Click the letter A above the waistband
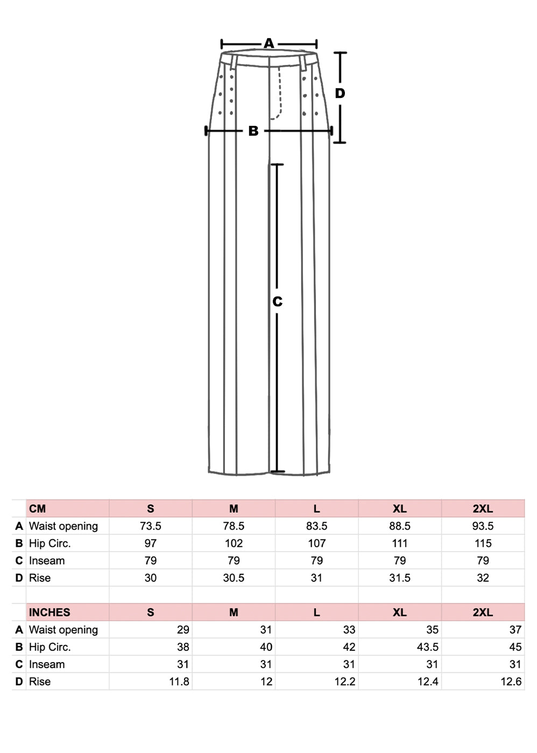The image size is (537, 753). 269,44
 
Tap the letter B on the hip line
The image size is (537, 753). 253,131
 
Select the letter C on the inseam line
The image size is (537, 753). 277,301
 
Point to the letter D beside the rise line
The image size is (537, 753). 340,93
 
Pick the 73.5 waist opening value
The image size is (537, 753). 151,526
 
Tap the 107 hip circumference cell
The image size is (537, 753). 316,543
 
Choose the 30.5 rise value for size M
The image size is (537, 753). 234,578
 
